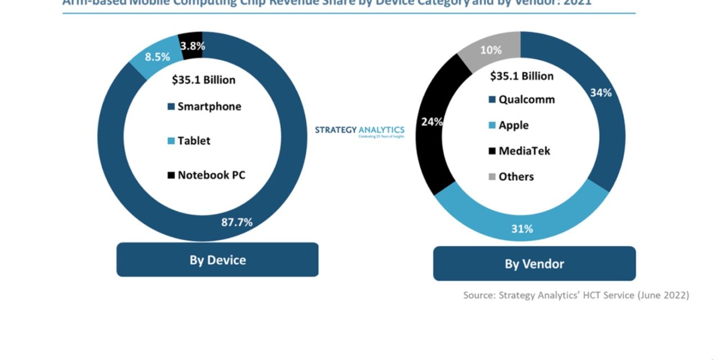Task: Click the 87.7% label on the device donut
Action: tap(237, 222)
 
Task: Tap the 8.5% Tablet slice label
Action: tap(157, 57)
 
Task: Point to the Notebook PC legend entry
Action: tap(206, 175)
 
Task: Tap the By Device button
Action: tap(217, 260)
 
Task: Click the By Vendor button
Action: tap(534, 263)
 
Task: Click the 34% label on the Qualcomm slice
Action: tap(601, 93)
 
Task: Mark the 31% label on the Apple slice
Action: tap(521, 229)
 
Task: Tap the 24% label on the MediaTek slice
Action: tap(432, 121)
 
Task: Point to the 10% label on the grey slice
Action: tap(490, 50)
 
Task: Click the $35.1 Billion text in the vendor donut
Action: tap(521, 76)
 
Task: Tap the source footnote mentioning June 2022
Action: tap(575, 295)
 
